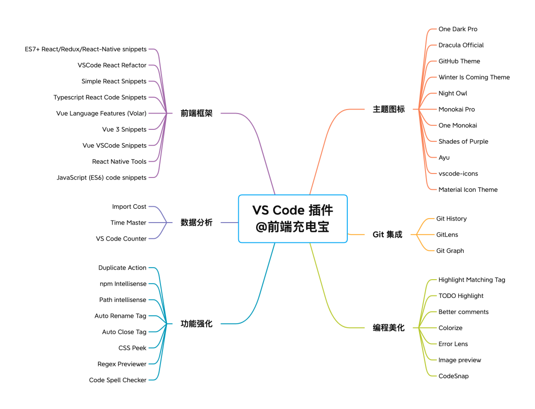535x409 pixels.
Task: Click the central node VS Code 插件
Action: coord(292,218)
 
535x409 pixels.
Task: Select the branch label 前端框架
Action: coord(196,114)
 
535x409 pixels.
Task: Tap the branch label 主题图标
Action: coord(388,110)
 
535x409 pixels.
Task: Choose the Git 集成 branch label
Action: coord(387,234)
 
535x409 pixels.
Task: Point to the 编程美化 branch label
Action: coord(388,328)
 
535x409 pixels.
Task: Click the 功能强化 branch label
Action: coord(196,324)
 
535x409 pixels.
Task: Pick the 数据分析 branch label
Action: coord(196,223)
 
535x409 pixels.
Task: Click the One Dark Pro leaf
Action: coord(458,29)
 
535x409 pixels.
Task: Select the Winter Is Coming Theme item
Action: coord(474,77)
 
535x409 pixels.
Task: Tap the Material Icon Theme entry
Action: coord(468,189)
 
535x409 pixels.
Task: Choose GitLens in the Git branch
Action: coord(447,234)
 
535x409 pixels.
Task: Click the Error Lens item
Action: coord(453,344)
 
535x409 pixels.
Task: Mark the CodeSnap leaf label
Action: coord(453,376)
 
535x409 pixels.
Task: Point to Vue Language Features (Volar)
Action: coord(101,114)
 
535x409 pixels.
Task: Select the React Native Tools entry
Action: coord(119,162)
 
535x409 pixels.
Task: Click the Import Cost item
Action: coord(129,207)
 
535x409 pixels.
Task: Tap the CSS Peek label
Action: coord(132,348)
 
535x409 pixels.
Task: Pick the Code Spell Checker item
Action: coord(117,380)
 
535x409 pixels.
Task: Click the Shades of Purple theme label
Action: coord(463,141)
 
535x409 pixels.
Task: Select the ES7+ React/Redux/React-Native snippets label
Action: coord(86,50)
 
